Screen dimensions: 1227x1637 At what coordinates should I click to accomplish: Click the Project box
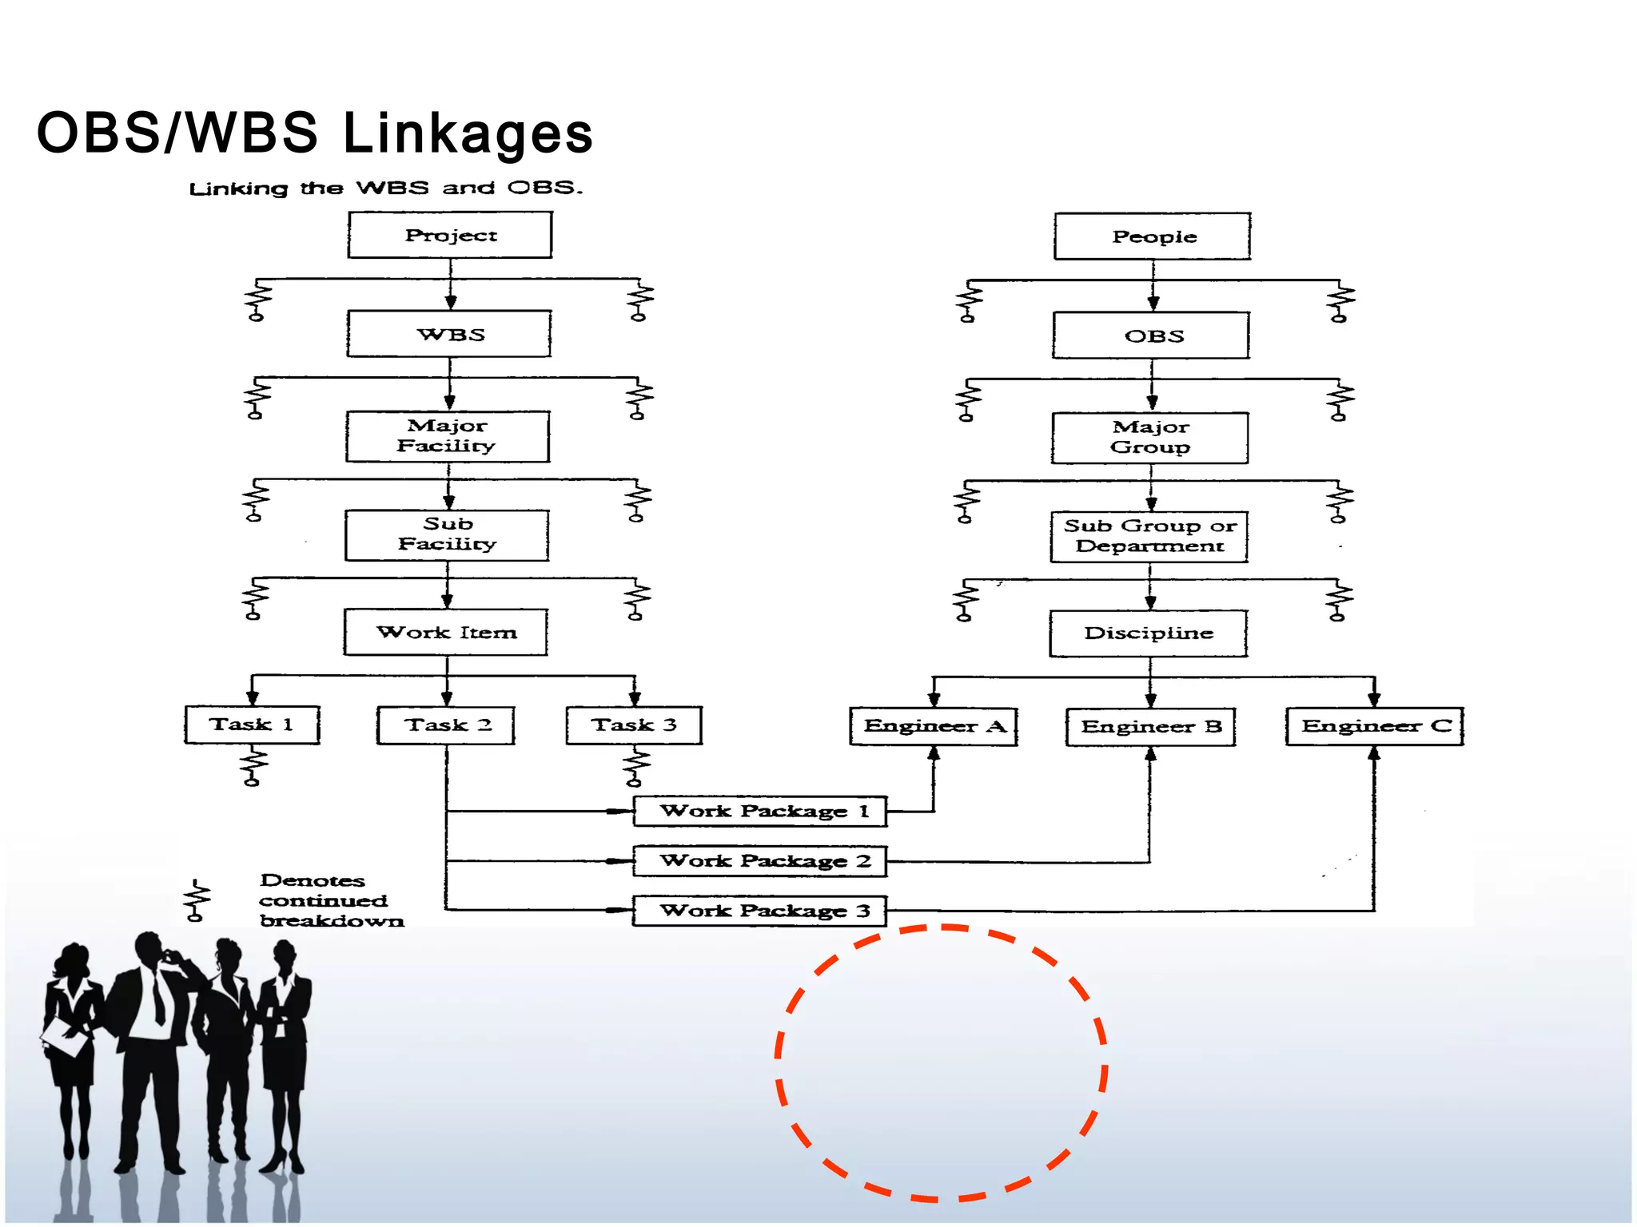(x=450, y=235)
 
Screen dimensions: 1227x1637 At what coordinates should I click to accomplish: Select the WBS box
(x=449, y=334)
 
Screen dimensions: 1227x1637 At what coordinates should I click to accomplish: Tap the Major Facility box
(x=448, y=436)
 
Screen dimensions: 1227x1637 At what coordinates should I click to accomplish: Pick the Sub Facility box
(x=447, y=534)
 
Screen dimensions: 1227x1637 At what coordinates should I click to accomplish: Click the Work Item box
(x=446, y=633)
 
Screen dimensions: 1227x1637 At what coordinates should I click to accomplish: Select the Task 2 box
(x=446, y=725)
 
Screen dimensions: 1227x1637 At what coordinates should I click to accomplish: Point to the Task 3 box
(x=634, y=725)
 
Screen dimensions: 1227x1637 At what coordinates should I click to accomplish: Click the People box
(x=1153, y=236)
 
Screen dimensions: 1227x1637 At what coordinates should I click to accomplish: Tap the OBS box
(x=1152, y=336)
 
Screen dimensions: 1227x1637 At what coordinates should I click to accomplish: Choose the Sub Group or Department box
(x=1149, y=537)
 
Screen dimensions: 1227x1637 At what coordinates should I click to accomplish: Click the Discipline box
(x=1149, y=633)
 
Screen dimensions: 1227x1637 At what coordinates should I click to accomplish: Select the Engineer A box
(x=934, y=726)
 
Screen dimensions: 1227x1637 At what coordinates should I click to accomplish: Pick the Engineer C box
(x=1375, y=726)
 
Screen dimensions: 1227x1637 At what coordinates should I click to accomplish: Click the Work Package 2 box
(x=760, y=861)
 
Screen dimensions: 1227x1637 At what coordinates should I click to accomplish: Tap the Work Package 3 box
(x=760, y=911)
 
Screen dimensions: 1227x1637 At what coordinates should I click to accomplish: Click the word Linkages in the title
(x=468, y=133)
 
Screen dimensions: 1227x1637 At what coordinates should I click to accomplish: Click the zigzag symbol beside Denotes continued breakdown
(x=197, y=901)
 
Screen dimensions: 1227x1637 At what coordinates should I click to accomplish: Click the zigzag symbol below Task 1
(x=253, y=765)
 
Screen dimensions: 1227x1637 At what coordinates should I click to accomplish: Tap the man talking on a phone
(x=152, y=1038)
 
